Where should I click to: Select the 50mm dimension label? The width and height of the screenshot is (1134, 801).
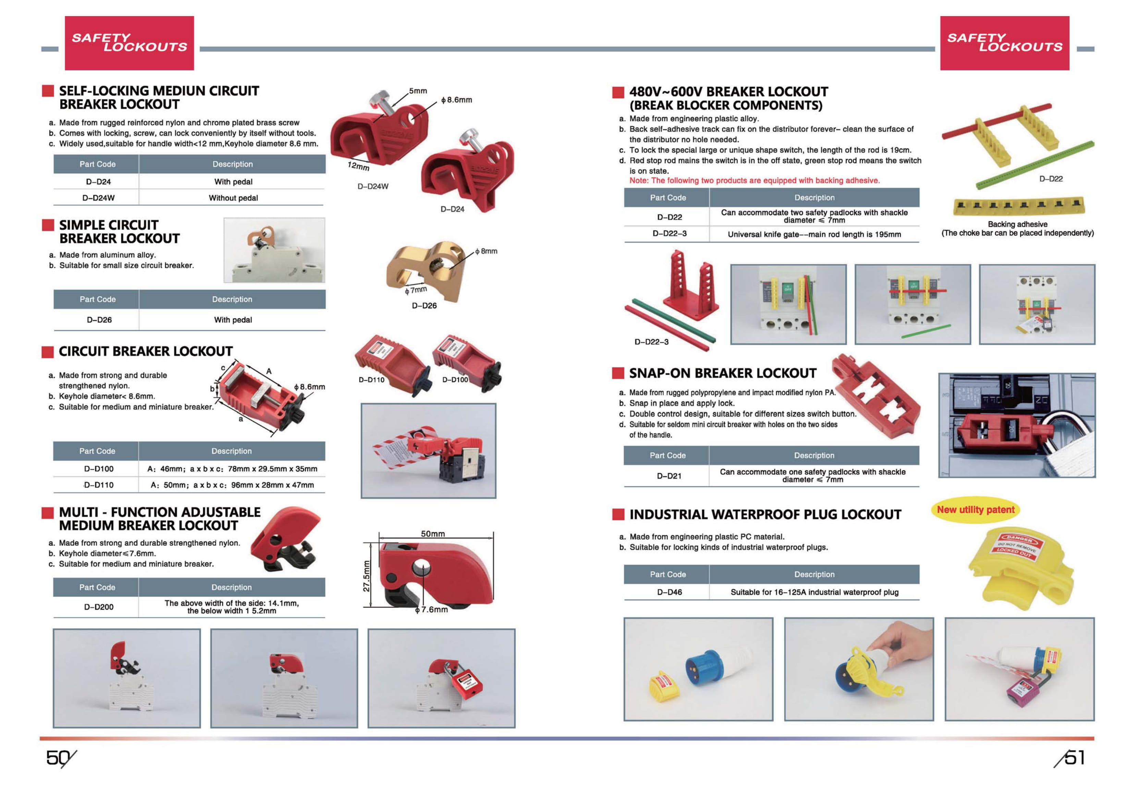(432, 534)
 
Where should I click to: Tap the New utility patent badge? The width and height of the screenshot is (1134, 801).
(975, 510)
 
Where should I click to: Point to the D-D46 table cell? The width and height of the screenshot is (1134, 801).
(669, 592)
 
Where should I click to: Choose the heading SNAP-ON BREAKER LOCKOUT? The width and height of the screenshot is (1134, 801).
(722, 373)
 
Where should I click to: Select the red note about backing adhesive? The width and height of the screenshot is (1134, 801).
(754, 180)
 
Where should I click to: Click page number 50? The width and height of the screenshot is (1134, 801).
(58, 758)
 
